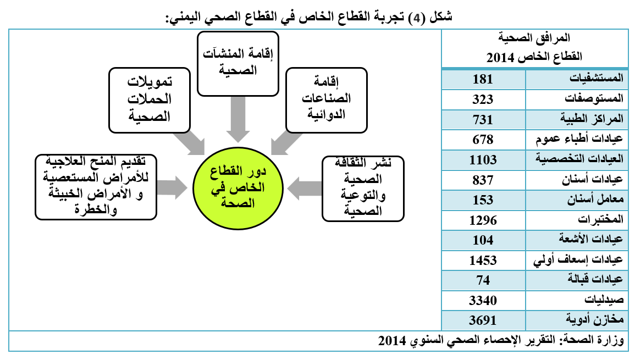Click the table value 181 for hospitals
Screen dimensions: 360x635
[483, 79]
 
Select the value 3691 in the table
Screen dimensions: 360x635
[483, 320]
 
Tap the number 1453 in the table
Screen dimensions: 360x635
[483, 260]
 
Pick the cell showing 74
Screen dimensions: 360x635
[483, 280]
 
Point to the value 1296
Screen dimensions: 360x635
[483, 220]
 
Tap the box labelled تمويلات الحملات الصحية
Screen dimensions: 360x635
[150, 100]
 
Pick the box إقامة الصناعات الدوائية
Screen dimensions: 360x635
[327, 100]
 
